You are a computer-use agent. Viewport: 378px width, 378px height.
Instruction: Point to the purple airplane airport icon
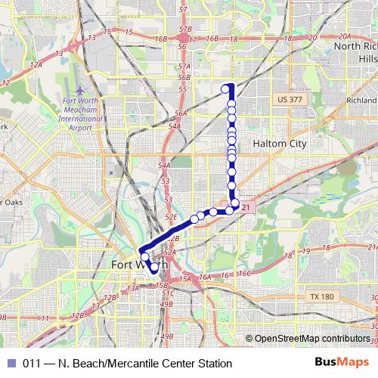click(x=72, y=91)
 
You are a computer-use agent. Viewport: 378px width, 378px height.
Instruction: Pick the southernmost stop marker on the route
click(x=154, y=268)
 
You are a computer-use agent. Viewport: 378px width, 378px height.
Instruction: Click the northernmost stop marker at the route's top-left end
click(x=225, y=89)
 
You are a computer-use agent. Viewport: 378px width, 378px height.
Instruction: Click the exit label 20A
click(x=345, y=36)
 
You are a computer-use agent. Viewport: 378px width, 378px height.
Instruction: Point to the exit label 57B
click(x=186, y=29)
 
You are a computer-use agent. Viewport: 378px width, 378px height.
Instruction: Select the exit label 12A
click(x=36, y=65)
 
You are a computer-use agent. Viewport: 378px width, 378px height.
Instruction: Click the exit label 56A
click(x=180, y=113)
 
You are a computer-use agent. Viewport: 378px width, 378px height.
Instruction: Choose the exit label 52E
click(x=171, y=217)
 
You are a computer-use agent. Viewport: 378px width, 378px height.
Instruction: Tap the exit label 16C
click(x=243, y=274)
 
